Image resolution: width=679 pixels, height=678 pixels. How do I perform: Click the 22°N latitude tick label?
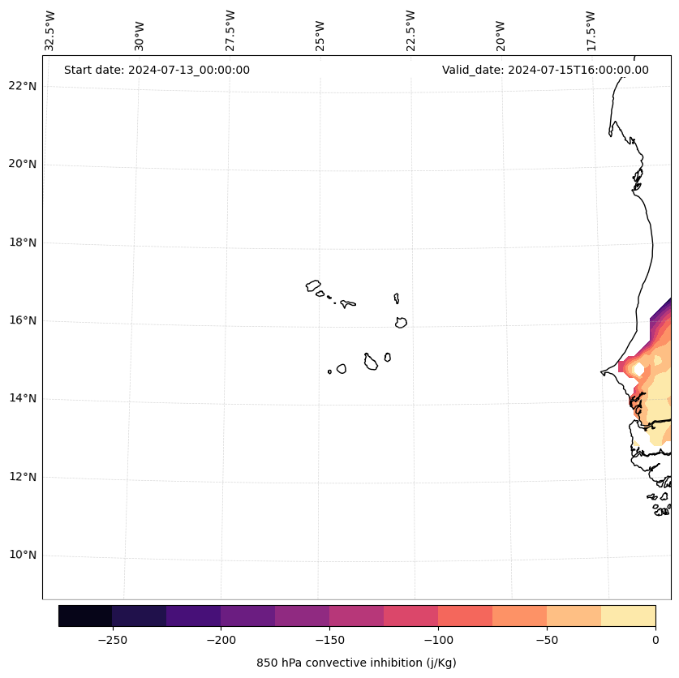coord(22,86)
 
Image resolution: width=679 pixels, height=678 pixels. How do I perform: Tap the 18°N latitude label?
coord(22,242)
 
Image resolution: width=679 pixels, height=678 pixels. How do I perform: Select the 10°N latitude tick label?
coord(22,556)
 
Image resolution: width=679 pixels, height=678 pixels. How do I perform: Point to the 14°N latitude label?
coord(22,399)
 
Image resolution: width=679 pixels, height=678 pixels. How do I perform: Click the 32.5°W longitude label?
coord(50,31)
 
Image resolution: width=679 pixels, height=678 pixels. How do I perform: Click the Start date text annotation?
coord(157,70)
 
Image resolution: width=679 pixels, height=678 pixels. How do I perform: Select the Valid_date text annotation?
coord(545,70)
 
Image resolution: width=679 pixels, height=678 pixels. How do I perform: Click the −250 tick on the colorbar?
coord(112,640)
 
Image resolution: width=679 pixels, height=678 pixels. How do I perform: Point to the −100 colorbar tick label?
coord(438,640)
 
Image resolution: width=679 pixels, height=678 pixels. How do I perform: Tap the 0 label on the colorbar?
coord(655,640)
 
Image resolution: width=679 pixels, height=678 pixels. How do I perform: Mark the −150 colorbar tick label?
coord(329,640)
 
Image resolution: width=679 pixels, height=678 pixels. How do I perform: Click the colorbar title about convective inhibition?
coord(356,663)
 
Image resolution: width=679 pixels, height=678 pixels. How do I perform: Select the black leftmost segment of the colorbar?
coord(85,616)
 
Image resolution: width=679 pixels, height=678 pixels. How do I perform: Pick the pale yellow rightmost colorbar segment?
coord(629,616)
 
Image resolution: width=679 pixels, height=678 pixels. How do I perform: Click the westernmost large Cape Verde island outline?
coord(313,285)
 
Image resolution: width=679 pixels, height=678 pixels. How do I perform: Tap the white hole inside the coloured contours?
coord(638,369)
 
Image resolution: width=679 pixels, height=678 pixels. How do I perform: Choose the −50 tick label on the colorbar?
coord(547,640)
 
